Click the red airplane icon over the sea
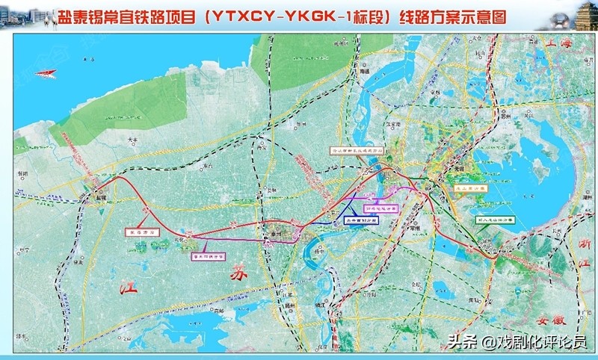pyautogui.click(x=47, y=72)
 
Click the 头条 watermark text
pyautogui.click(x=460, y=344)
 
